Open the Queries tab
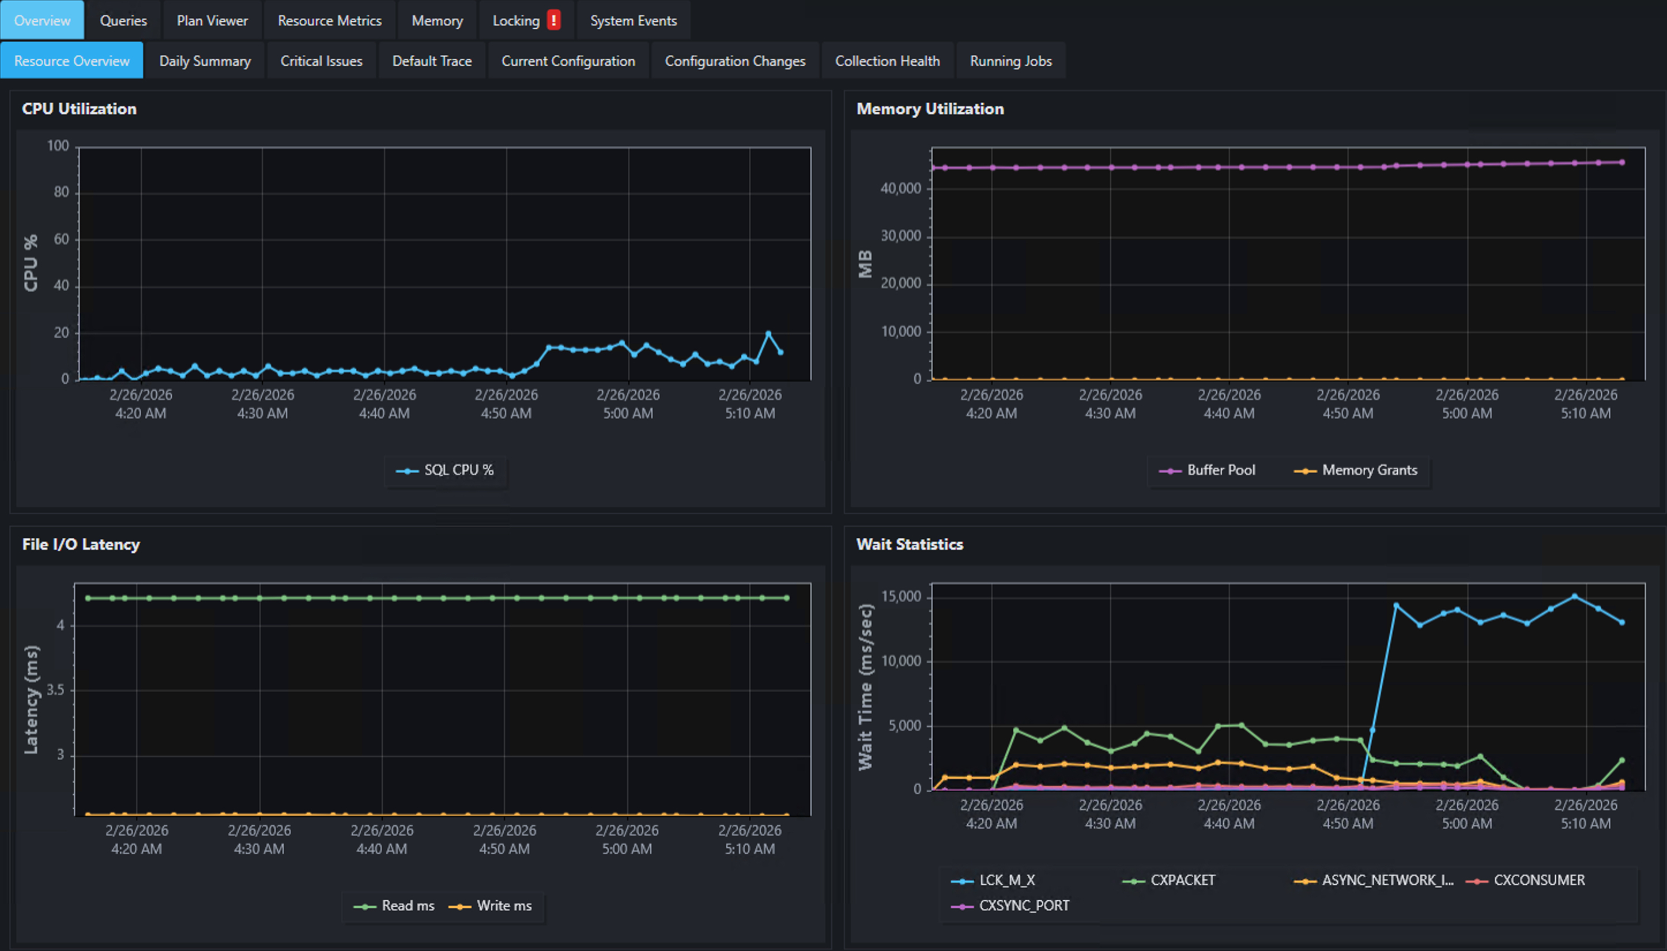123,21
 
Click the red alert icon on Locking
553,20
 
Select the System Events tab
633,21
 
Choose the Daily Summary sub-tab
205,61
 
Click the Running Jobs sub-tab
1010,61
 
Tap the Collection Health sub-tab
887,61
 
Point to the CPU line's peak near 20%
768,334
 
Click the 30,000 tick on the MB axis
901,236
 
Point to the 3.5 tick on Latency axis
56,690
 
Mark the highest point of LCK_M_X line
1574,597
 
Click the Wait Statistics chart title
909,544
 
